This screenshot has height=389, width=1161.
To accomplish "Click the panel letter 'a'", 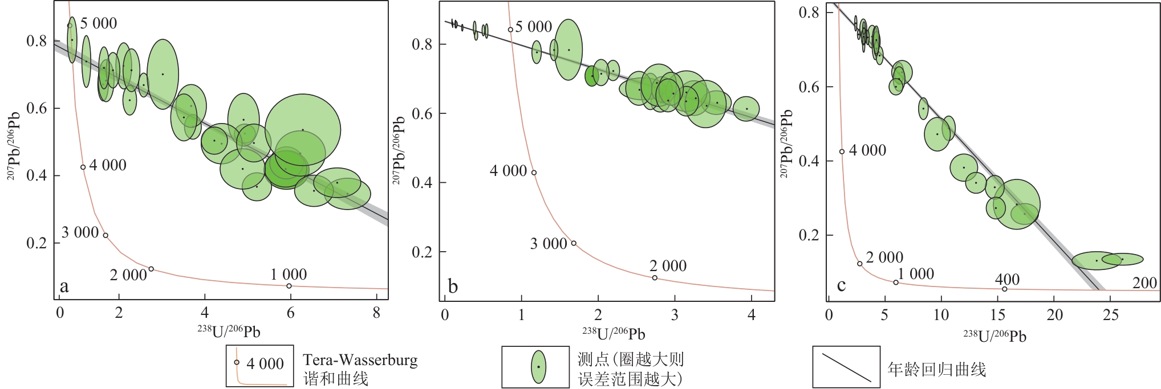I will coord(64,286).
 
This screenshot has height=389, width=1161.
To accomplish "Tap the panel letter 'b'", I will coord(453,286).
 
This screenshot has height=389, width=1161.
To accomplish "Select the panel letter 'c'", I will coord(841,285).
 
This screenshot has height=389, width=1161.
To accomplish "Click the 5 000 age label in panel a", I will coord(98,23).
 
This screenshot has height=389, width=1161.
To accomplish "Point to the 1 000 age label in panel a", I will coord(289,275).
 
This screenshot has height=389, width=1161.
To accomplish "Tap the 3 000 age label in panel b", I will coord(549,244).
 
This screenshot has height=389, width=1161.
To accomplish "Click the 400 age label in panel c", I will coord(1007,279).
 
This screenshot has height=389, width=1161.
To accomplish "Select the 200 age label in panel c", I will coord(1144,282).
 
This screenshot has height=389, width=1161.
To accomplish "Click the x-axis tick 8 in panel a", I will coord(376,313).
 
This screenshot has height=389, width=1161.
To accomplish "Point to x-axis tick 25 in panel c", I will coord(1110,314).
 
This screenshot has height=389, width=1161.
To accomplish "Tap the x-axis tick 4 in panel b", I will coord(752,314).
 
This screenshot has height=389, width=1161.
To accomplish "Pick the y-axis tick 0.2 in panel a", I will coord(38,243).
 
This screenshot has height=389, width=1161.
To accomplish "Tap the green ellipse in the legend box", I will coord(538,367).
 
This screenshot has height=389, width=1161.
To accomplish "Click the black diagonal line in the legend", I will coord(846,367).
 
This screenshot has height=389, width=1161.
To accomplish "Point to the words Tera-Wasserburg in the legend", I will coord(360,360).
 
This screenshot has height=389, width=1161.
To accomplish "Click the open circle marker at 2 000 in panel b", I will coord(655,278).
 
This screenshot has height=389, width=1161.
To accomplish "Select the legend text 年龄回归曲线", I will coord(937,369).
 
